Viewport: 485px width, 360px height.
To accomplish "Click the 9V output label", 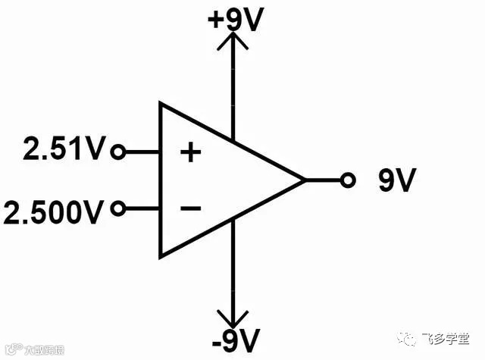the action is pos(397,180).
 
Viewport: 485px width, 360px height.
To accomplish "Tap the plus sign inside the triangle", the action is pos(190,153).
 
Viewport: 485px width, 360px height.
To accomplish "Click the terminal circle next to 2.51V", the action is pos(117,152).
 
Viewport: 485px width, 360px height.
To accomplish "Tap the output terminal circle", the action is pos(348,180).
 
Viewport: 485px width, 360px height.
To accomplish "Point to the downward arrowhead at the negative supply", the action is pos(233,317).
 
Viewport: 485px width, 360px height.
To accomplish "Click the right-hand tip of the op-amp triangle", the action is pos(305,180).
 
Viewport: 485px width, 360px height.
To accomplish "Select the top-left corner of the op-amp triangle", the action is pos(160,103).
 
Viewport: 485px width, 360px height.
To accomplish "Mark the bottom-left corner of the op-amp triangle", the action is pos(160,257).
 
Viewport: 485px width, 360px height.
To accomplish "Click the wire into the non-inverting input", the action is pos(141,152).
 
